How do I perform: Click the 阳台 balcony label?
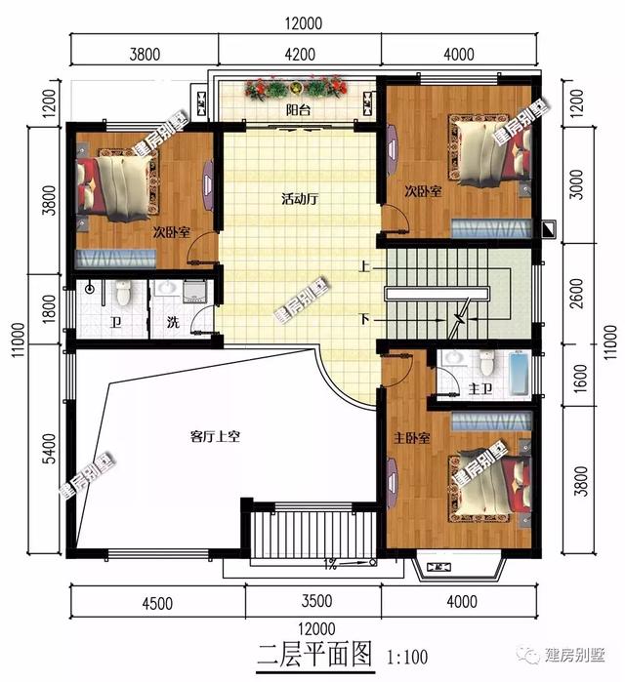pos(298,110)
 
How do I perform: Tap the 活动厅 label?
pos(300,199)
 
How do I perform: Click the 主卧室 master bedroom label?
pos(411,438)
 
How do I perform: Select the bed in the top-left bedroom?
pos(114,185)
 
